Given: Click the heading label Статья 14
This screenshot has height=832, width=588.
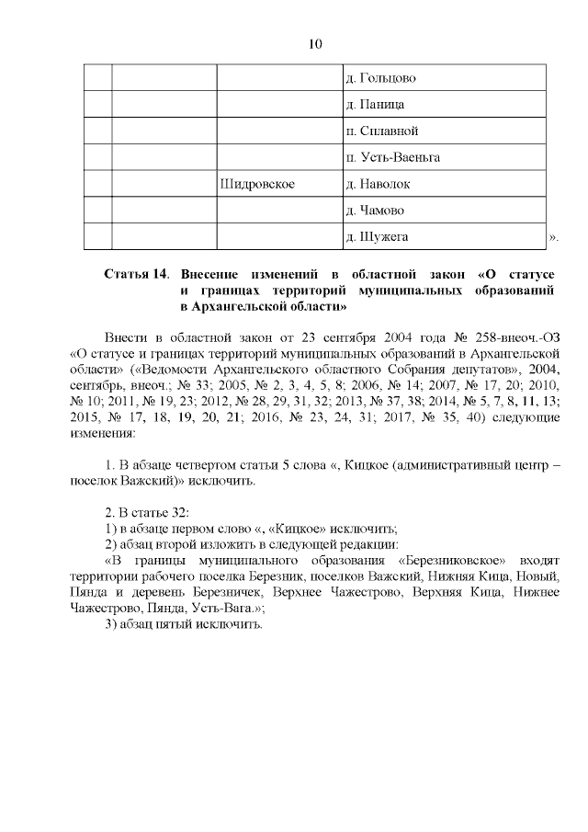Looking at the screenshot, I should (136, 274).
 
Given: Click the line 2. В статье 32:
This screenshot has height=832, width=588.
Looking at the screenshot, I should (147, 511).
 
